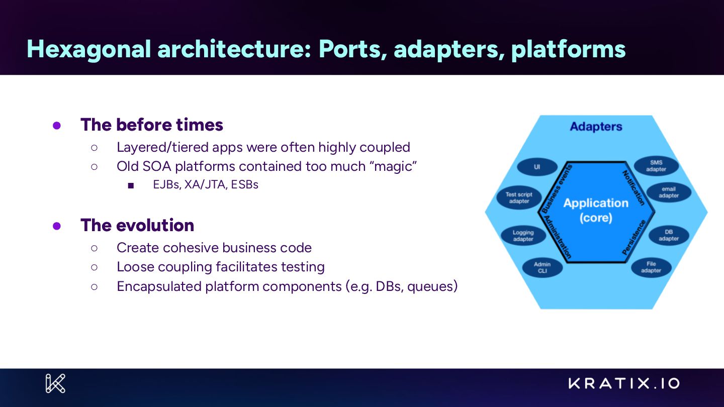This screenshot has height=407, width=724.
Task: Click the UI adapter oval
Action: [537, 167]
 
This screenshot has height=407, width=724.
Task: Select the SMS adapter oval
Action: [656, 166]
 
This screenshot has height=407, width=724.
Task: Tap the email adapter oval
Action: [668, 192]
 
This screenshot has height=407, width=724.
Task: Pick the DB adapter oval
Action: [668, 235]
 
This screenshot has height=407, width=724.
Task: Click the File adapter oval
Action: [651, 267]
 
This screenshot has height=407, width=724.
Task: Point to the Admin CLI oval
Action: [542, 267]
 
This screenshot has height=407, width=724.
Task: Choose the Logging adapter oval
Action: [523, 236]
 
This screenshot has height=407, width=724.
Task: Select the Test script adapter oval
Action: [518, 198]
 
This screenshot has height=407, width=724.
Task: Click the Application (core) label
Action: [596, 210]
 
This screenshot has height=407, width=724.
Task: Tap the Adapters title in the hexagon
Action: [596, 127]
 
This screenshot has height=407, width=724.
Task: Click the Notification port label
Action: [633, 188]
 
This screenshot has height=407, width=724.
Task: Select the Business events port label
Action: [558, 188]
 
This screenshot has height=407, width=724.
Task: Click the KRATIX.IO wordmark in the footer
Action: [624, 384]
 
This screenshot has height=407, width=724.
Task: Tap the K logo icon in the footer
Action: [55, 383]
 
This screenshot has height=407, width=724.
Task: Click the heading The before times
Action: [151, 125]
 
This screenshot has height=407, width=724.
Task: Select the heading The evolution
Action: [137, 225]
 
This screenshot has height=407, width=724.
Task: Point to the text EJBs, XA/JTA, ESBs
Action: [205, 184]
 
